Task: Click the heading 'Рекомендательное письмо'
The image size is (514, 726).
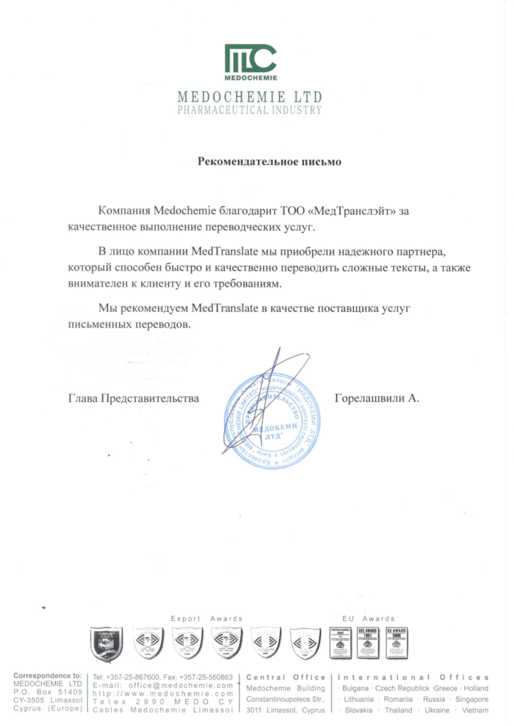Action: [269, 162]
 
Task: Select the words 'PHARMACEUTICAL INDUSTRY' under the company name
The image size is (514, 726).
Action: [250, 111]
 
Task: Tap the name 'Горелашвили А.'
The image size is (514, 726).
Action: [377, 398]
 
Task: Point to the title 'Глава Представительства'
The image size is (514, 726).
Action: [133, 398]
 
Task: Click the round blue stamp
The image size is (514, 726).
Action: [273, 422]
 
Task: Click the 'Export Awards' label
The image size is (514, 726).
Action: [206, 619]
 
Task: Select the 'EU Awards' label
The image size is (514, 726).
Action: [364, 619]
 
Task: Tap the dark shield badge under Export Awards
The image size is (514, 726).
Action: [107, 644]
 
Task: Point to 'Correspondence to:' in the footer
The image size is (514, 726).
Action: [48, 677]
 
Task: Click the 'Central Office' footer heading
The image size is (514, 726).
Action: [286, 678]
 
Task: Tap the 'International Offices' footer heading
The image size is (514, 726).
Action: [413, 678]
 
